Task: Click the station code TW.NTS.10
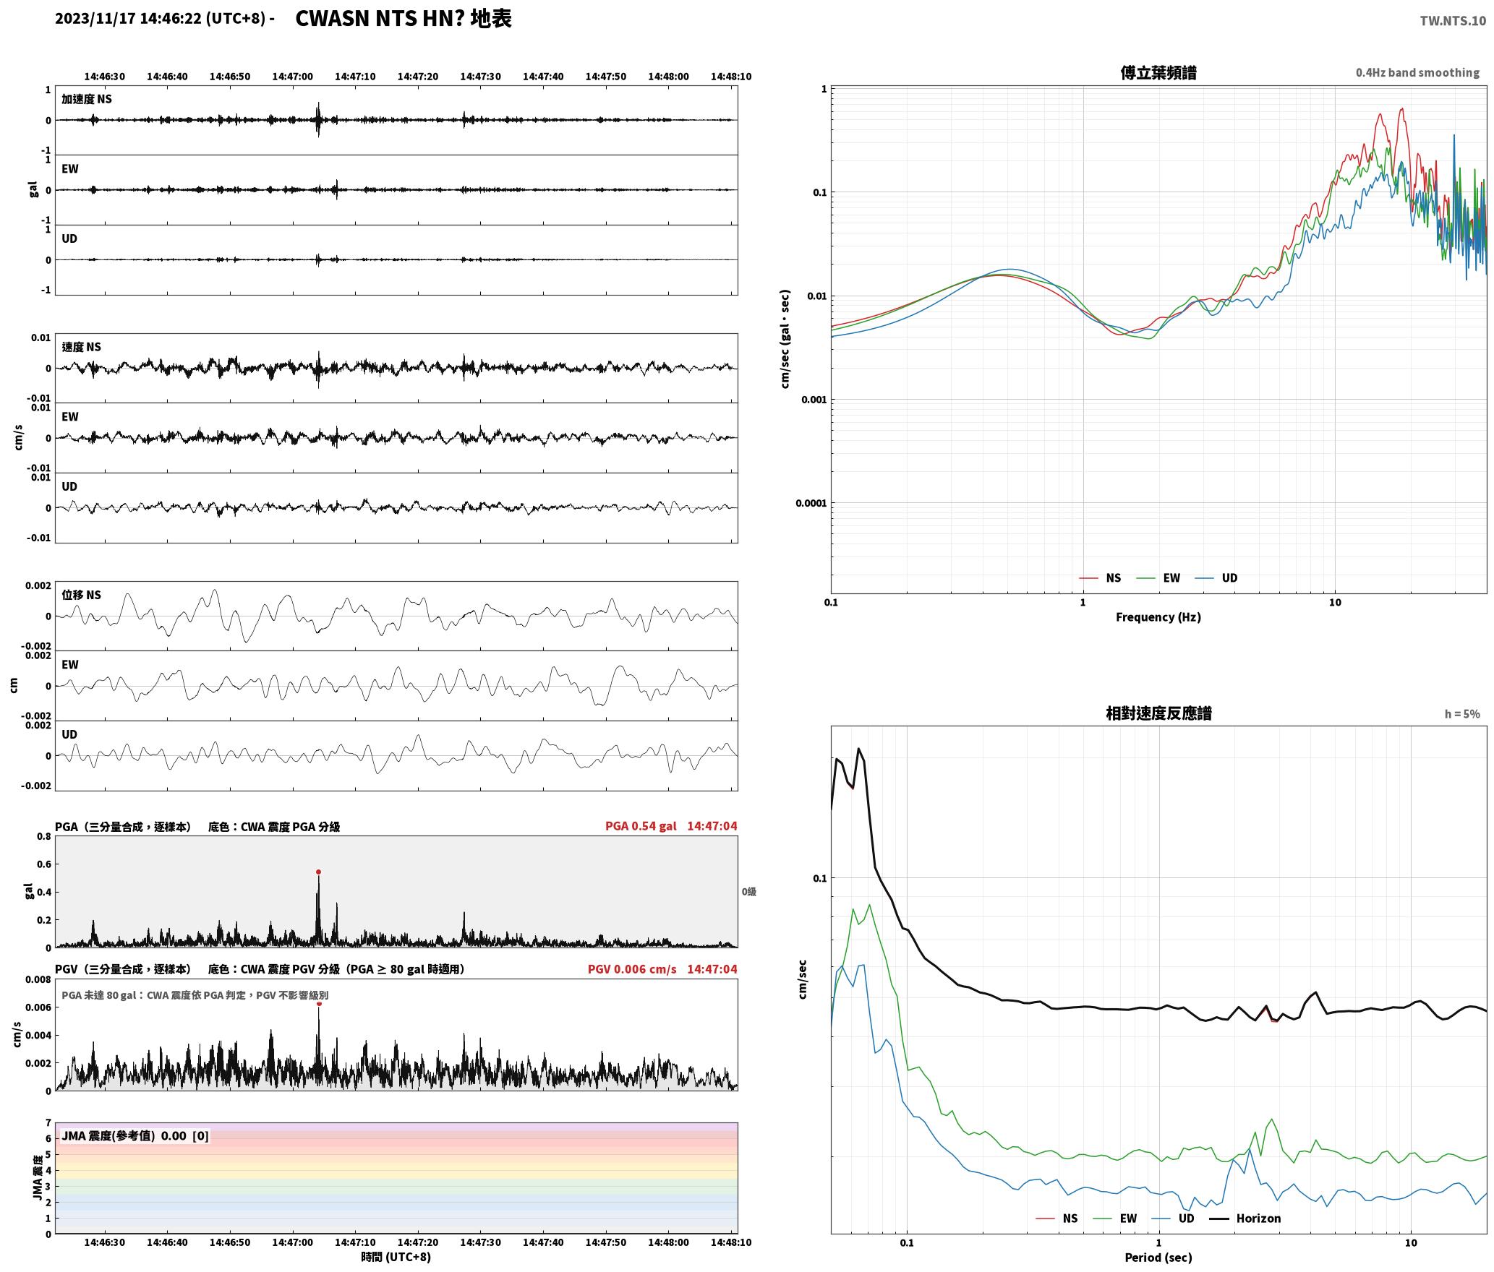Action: click(x=1453, y=21)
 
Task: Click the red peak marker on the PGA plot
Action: click(x=318, y=872)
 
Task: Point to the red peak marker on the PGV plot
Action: click(x=319, y=1004)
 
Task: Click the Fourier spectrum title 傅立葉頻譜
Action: click(x=1158, y=73)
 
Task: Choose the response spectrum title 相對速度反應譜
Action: click(x=1158, y=713)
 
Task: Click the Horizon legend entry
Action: click(x=1258, y=1219)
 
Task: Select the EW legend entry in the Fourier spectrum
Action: click(x=1171, y=578)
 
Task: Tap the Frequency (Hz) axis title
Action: click(x=1158, y=617)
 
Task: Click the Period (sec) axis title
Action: click(x=1158, y=1258)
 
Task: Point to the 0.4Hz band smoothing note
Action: click(x=1417, y=73)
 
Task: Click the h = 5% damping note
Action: click(x=1462, y=714)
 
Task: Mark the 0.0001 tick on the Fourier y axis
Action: click(x=810, y=503)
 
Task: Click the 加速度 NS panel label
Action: click(x=87, y=99)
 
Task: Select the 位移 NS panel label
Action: click(x=82, y=595)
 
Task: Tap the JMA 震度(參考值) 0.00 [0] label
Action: click(x=135, y=1136)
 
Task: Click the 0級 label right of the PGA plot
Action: click(x=748, y=892)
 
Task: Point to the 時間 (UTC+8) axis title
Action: click(x=396, y=1257)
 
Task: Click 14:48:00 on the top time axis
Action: click(x=668, y=77)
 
